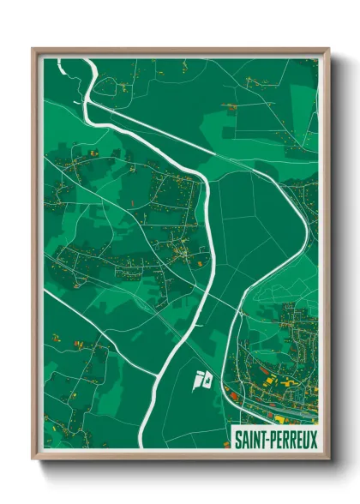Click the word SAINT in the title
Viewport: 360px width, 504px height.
point(251,439)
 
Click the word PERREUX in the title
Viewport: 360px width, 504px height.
point(293,439)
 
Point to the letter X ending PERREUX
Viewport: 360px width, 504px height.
point(314,439)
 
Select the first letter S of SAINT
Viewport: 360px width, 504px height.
point(238,439)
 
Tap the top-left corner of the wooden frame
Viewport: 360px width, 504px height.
point(33,49)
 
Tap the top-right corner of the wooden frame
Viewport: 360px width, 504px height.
point(328,49)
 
